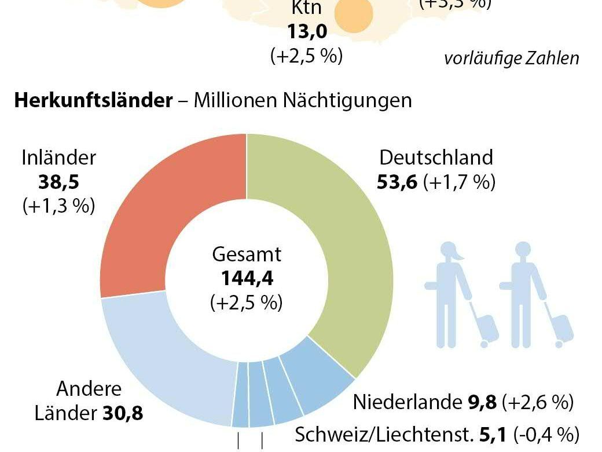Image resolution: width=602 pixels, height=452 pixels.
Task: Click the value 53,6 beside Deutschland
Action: [398, 183]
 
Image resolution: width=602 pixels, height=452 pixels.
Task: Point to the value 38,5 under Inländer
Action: [58, 183]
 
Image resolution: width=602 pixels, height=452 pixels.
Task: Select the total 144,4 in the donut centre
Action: [247, 279]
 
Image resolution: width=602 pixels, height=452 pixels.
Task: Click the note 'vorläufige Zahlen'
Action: [512, 59]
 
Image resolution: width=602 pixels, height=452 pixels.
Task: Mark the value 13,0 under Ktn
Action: [306, 32]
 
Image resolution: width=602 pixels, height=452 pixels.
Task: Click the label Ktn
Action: [306, 9]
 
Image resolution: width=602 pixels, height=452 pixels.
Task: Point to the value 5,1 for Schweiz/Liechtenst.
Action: [492, 433]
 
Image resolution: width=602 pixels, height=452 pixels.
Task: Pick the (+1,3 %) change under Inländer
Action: [58, 207]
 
